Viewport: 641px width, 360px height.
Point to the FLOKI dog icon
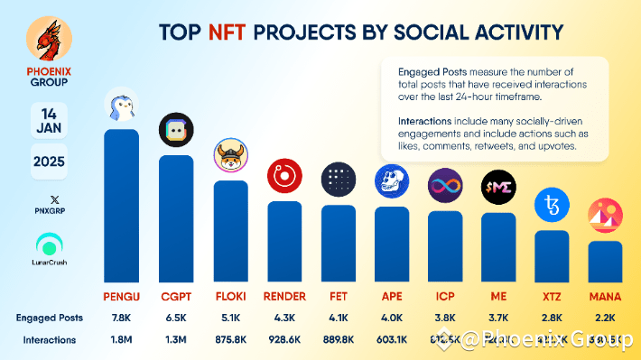click(231, 158)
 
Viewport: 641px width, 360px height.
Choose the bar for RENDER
click(284, 240)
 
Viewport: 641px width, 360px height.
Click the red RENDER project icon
click(283, 177)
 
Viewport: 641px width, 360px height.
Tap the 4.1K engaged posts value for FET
click(338, 318)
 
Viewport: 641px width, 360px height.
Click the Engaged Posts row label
click(50, 318)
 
